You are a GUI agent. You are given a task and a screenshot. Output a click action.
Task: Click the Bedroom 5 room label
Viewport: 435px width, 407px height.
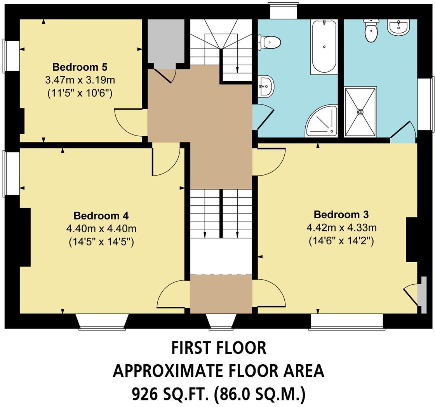pos(80,67)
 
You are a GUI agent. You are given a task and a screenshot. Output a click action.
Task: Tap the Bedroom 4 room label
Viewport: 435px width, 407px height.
pos(101,216)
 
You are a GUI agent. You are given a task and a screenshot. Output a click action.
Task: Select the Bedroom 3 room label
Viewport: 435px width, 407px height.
pos(341,214)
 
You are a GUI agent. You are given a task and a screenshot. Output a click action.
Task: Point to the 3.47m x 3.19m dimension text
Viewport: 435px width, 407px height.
pos(80,80)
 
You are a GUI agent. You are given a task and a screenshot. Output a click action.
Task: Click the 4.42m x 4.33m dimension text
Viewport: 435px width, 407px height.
pos(341,228)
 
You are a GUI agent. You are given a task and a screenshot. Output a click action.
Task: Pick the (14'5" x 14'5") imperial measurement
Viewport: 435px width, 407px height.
pos(101,242)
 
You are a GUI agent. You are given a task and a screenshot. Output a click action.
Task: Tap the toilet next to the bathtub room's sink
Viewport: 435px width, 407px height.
pos(270,42)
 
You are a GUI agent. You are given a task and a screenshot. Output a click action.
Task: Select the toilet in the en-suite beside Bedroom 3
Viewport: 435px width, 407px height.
pos(371,31)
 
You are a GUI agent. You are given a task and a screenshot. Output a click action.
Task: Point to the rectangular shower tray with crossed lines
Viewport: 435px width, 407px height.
pos(360,111)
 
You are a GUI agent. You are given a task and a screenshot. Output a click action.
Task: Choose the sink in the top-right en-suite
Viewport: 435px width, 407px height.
pos(397,28)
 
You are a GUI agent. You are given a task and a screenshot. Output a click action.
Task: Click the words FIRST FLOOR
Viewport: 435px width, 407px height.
pos(219,348)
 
